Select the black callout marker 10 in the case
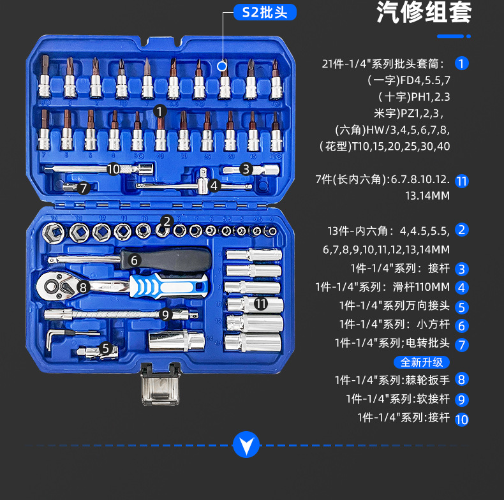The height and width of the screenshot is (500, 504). [114, 169]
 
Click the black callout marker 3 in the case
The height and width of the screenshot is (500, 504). [246, 169]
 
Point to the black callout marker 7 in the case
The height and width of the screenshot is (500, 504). [82, 187]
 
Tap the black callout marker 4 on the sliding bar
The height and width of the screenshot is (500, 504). [214, 186]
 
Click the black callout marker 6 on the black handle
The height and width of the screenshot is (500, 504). [134, 260]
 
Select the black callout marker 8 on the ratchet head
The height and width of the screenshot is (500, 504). [82, 288]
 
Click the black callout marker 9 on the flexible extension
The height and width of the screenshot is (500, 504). [165, 314]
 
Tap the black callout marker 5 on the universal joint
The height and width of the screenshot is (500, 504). [106, 348]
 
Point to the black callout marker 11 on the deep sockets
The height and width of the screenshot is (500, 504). [260, 304]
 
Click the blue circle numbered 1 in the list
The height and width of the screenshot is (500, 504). [462, 63]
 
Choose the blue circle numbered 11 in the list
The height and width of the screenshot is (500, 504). [462, 181]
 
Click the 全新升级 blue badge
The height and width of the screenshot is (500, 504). [421, 362]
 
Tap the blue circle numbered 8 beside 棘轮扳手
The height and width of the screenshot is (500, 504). [462, 379]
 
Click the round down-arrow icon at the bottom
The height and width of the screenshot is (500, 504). [246, 444]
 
